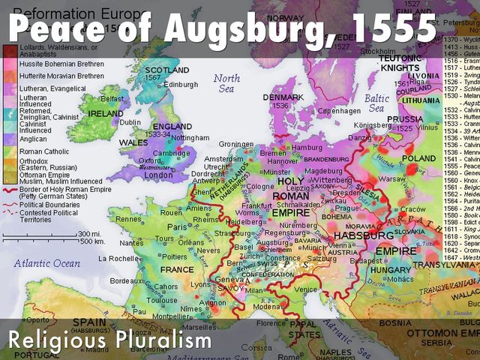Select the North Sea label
point(227,83)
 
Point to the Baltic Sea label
point(377,103)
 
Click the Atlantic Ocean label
point(46,263)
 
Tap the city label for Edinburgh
point(181,85)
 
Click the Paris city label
point(177,227)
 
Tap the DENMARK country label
point(288,97)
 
